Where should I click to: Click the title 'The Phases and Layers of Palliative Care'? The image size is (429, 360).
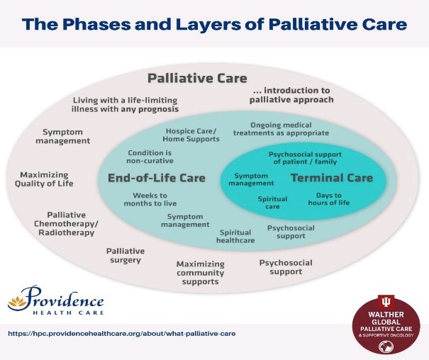(214, 24)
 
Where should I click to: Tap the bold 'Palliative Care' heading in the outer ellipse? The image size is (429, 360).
(197, 77)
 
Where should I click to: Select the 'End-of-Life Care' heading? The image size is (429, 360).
(157, 178)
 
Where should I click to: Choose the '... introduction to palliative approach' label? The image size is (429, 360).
(291, 95)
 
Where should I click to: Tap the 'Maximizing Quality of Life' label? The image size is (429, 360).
(46, 179)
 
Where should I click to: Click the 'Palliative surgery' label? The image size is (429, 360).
(126, 255)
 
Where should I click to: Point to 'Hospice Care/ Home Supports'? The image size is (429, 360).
(192, 135)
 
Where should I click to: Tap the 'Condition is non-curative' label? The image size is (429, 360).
(150, 157)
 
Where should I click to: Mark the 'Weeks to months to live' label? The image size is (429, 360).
(150, 199)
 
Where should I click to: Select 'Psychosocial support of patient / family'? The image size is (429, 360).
(305, 157)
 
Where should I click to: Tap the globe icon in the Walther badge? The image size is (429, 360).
(387, 348)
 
